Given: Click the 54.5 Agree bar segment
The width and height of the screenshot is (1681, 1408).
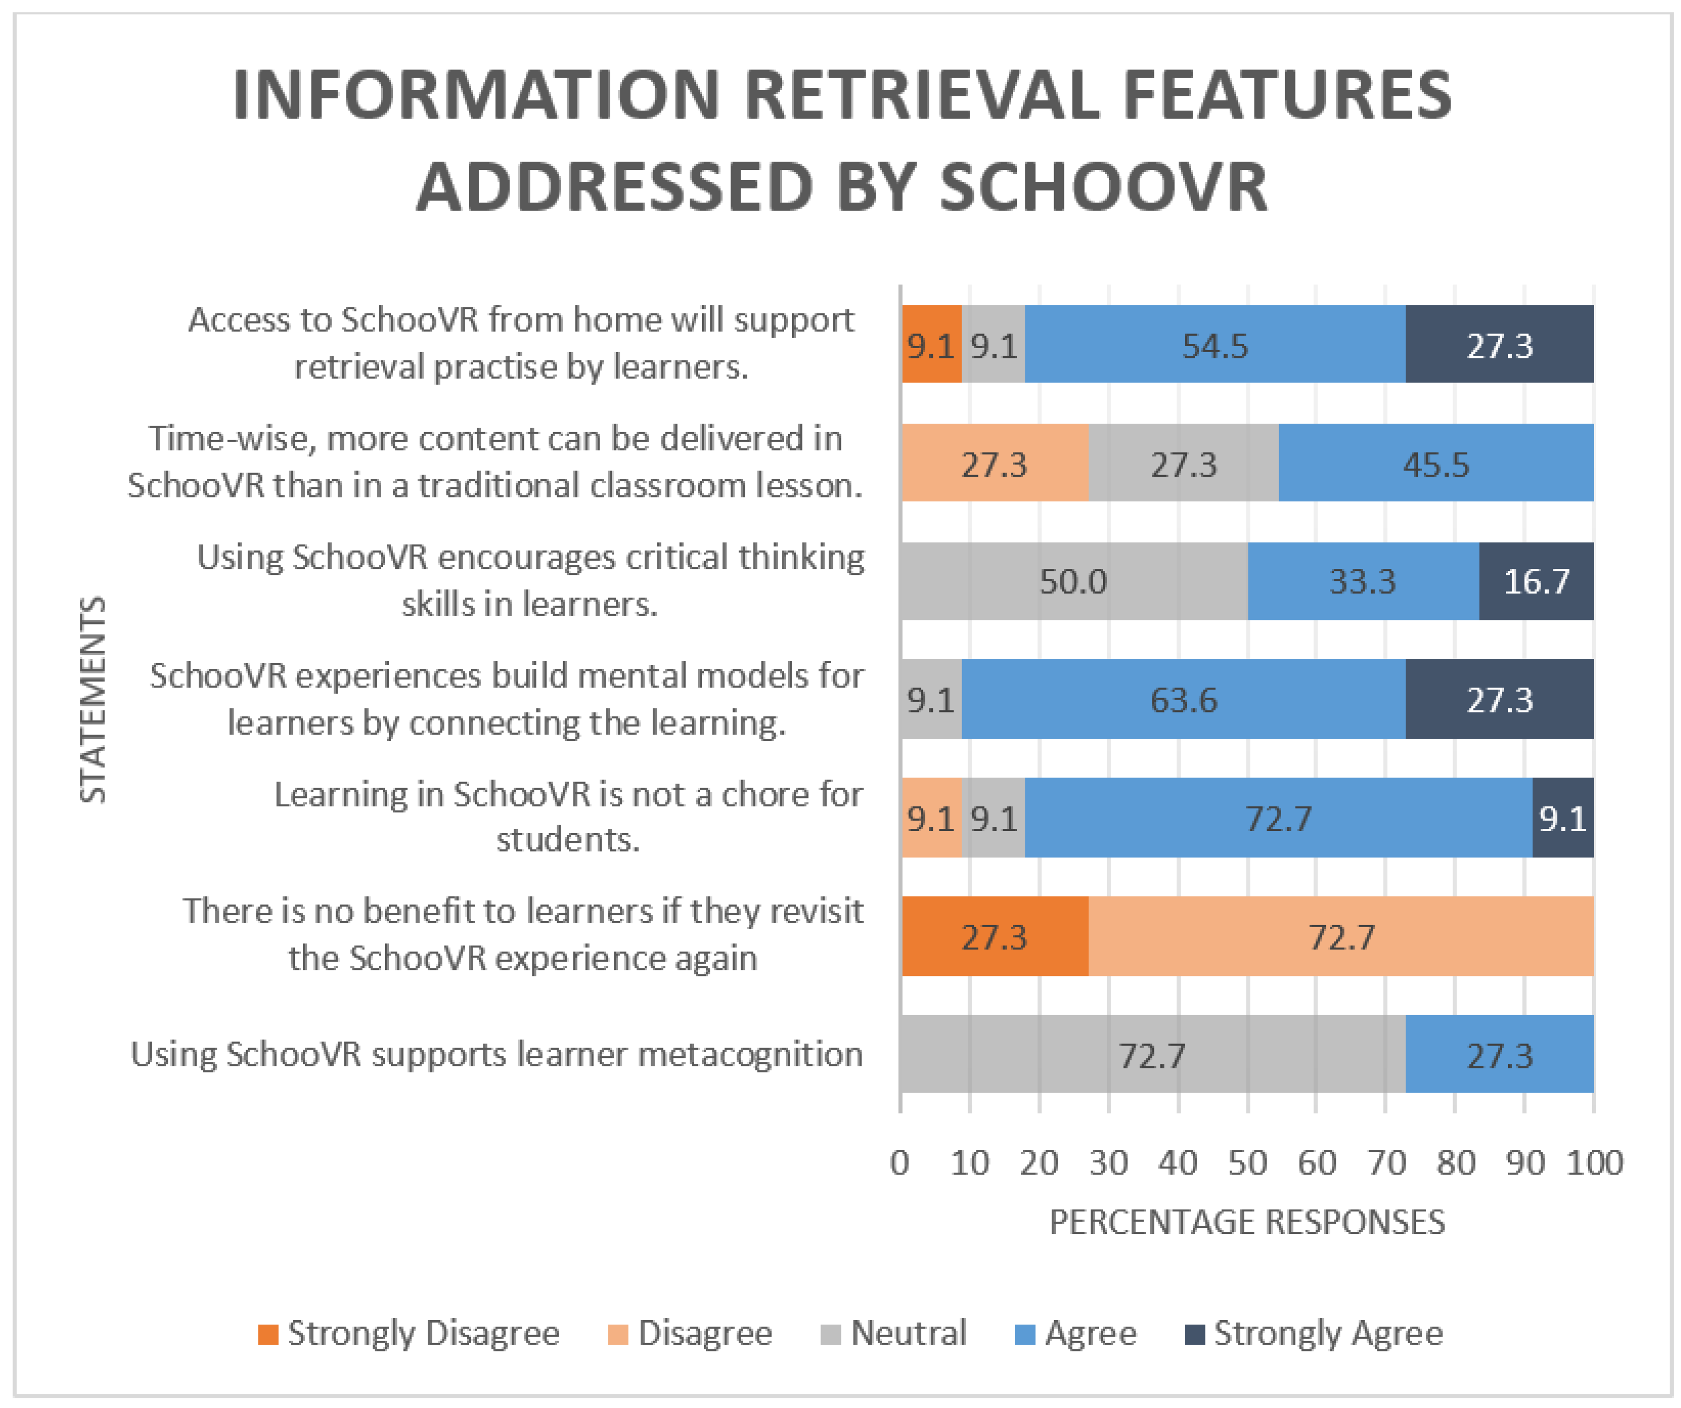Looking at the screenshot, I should point(1214,344).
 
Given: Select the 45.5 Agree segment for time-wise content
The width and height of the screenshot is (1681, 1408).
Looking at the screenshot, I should point(1435,463).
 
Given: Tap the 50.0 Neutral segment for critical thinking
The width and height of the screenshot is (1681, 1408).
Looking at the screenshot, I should point(1073,580).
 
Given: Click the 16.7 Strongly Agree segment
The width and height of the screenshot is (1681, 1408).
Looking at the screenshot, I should point(1535,580).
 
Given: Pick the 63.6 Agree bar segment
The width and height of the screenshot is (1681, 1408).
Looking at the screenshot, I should point(1183,699).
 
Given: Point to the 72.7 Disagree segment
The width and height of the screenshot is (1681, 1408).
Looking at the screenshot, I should point(1341,936).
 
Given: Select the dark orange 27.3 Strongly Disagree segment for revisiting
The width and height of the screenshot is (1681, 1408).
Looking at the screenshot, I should point(994,936).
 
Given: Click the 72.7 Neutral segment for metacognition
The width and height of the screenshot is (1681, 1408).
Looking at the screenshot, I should point(1151,1054).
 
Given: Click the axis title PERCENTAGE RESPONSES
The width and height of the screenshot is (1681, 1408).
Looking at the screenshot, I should point(1247,1222).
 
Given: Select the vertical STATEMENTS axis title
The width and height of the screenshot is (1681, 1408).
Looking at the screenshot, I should point(93,699).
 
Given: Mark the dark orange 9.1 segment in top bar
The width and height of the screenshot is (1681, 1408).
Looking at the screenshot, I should point(931,344).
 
